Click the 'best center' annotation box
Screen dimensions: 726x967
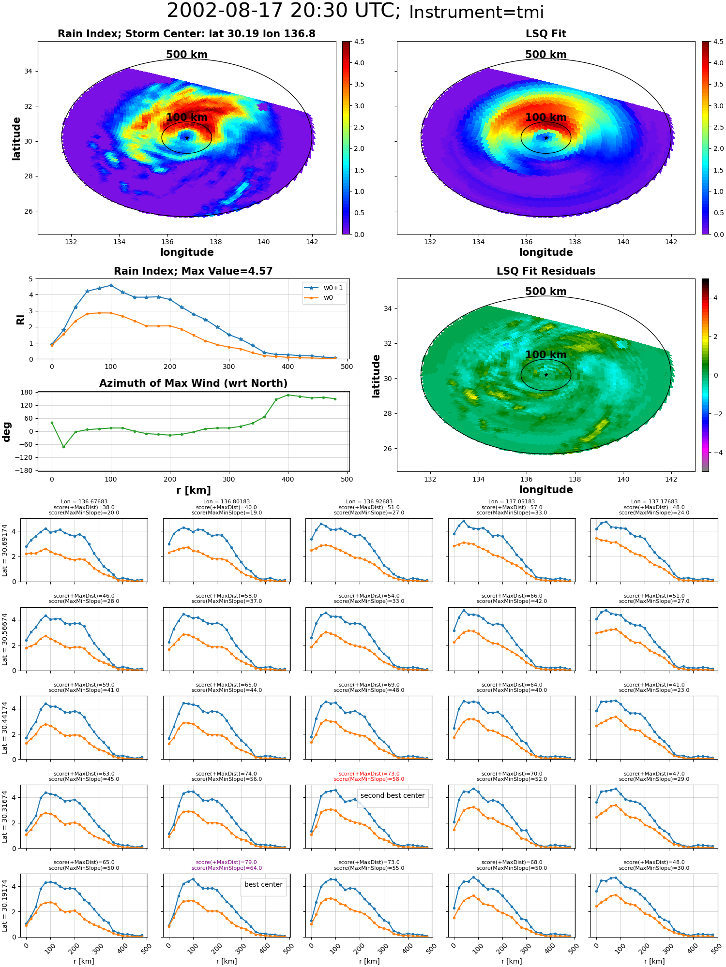pos(263,884)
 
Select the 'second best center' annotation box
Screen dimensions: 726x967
pos(393,795)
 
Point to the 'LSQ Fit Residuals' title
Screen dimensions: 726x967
pos(546,271)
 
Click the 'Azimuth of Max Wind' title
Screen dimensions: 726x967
pos(193,383)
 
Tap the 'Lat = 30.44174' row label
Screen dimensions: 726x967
pos(5,728)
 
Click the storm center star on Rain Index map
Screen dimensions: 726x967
pos(187,138)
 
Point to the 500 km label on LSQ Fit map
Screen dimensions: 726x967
pos(546,55)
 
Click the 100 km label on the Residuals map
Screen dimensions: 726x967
pos(546,355)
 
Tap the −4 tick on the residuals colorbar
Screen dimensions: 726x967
pos(715,453)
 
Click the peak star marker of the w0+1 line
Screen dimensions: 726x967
pos(111,285)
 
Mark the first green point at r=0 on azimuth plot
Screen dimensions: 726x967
pos(52,423)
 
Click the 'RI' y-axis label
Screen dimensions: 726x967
pos(21,319)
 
